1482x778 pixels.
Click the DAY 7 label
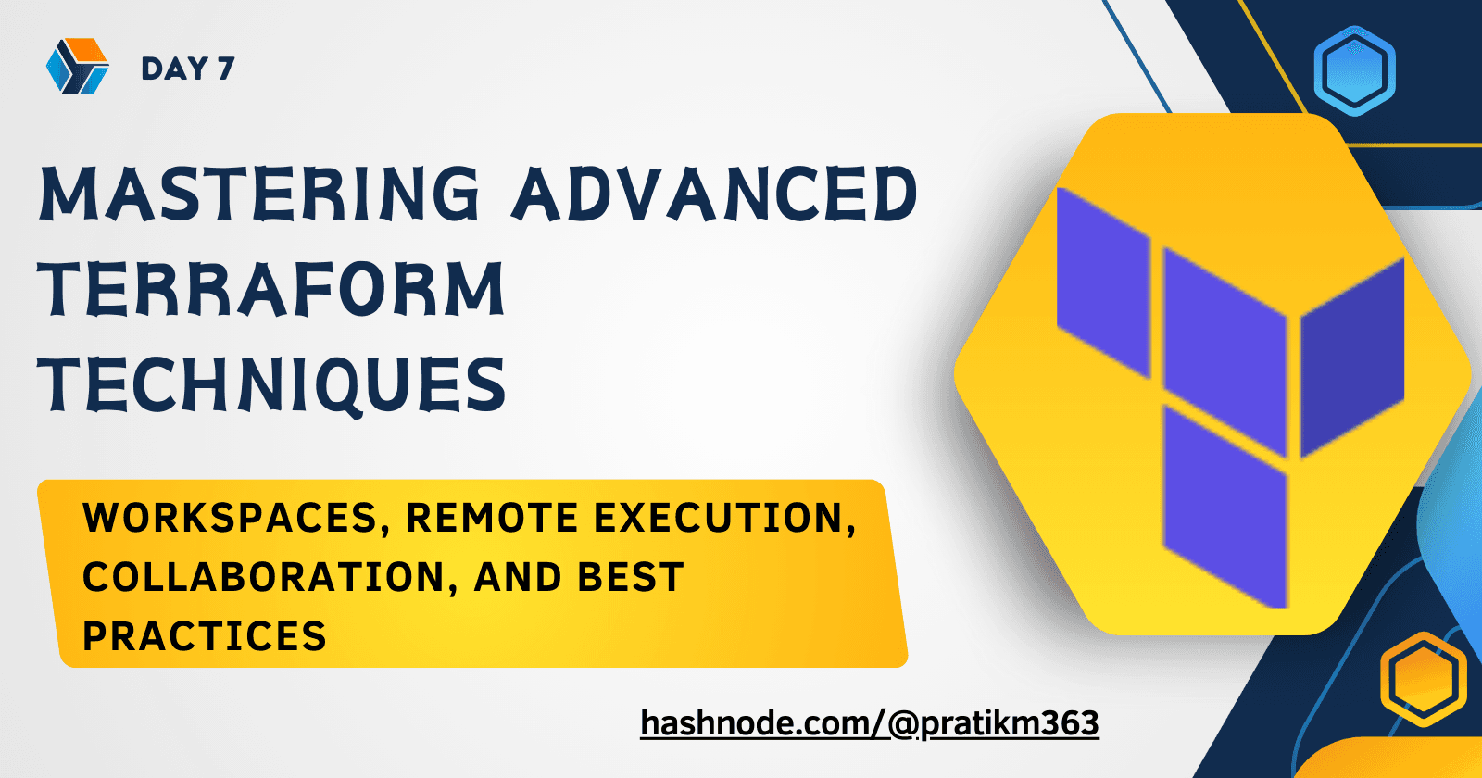(188, 69)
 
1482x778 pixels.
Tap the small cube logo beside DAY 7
(78, 66)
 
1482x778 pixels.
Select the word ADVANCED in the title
(714, 193)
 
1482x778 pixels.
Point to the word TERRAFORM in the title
(271, 288)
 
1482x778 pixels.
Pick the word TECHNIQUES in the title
(272, 385)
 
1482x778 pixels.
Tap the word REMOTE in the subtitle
(493, 518)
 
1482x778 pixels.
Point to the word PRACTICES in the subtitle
(205, 635)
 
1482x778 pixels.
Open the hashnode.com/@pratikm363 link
(870, 722)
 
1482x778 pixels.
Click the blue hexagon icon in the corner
(1354, 70)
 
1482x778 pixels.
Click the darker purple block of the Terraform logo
(1352, 358)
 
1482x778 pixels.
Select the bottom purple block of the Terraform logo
(1225, 507)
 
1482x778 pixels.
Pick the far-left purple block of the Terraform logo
(1103, 282)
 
